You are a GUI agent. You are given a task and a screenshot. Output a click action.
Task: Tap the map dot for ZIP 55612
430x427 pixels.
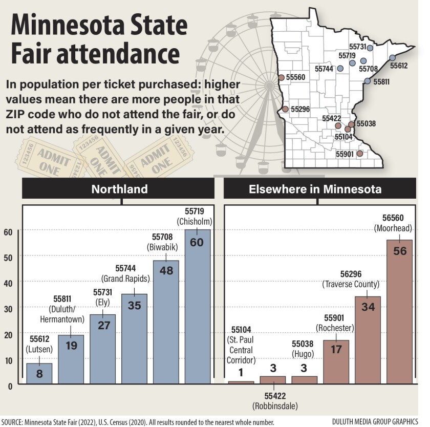click(392, 58)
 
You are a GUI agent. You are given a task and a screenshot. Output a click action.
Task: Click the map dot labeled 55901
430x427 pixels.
click(359, 153)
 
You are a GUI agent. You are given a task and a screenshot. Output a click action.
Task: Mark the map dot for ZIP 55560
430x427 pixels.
click(281, 78)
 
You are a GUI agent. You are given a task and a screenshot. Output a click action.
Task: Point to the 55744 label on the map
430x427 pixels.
click(324, 68)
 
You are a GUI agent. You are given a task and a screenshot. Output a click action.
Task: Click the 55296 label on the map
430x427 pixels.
click(300, 109)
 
